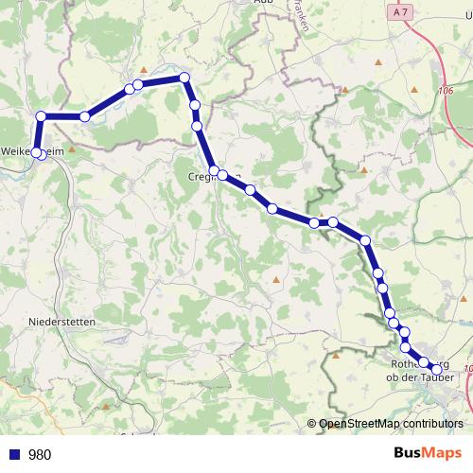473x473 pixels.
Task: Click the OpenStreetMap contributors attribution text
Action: (x=391, y=424)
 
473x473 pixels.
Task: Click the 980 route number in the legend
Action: (x=40, y=455)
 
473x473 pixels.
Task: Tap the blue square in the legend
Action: (x=14, y=455)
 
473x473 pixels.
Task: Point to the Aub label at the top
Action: (x=262, y=3)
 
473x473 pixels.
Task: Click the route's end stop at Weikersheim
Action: (x=38, y=152)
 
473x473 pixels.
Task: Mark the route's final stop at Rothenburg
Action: (x=436, y=370)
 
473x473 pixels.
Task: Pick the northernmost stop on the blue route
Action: (x=184, y=78)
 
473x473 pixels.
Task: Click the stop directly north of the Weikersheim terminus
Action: (x=41, y=116)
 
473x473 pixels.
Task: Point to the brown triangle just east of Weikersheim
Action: (x=70, y=149)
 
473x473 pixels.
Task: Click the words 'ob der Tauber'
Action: (x=421, y=378)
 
